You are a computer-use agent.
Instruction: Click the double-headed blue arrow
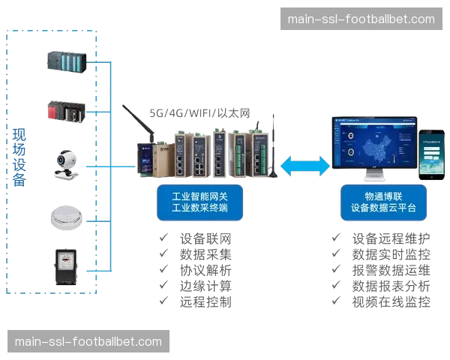[305, 164]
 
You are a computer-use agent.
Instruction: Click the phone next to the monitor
[431, 153]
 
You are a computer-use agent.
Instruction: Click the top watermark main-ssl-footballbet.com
[360, 19]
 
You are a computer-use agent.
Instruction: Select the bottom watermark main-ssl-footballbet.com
[88, 342]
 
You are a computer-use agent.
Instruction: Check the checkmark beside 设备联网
[161, 239]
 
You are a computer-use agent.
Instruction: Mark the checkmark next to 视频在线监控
[335, 301]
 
